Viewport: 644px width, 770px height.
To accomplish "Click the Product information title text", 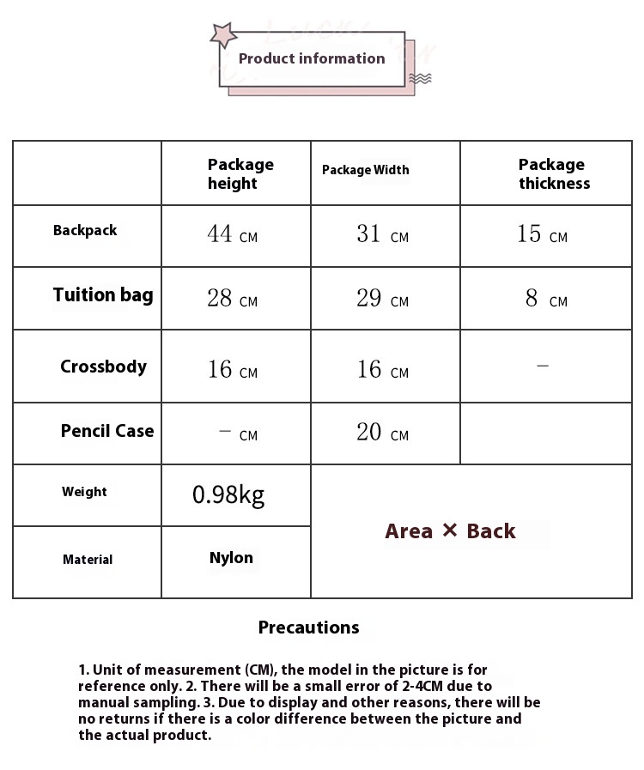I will [312, 58].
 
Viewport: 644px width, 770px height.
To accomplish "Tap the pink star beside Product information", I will [224, 35].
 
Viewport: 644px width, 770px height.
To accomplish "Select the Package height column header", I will [240, 173].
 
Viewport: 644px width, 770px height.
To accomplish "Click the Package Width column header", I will [366, 170].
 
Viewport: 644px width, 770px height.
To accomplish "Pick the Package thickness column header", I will [554, 173].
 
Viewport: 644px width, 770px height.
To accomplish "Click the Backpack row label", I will [85, 230].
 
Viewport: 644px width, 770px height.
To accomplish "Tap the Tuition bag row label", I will [103, 295].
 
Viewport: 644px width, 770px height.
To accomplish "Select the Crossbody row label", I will [103, 367].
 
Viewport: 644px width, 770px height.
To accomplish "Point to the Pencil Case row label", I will [107, 431].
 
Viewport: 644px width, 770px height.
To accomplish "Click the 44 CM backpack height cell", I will [232, 233].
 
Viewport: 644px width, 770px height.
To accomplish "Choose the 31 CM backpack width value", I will [382, 233].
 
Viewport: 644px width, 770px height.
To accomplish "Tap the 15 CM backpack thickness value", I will [542, 233].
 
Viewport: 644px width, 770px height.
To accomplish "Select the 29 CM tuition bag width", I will [382, 298].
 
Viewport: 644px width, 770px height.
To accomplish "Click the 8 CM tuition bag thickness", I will [546, 298].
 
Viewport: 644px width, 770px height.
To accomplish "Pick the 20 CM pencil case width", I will [382, 432].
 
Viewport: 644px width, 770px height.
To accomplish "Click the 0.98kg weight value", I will [228, 494].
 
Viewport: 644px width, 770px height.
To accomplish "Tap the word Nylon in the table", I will [231, 558].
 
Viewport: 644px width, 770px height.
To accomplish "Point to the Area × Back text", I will [450, 531].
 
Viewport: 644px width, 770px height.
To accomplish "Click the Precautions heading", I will [308, 628].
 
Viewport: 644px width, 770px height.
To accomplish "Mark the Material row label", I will [88, 560].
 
